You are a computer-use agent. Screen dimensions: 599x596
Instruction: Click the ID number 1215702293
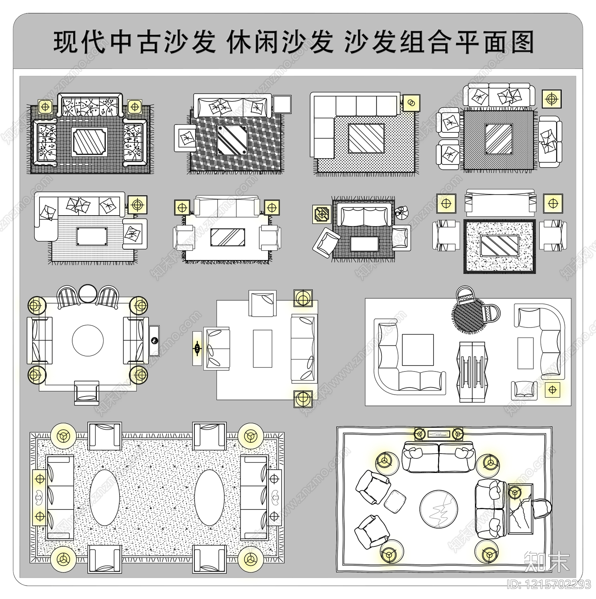(x=553, y=584)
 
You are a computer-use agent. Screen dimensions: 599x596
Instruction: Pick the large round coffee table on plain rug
(x=88, y=340)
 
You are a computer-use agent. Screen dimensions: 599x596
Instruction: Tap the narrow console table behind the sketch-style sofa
(x=439, y=433)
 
